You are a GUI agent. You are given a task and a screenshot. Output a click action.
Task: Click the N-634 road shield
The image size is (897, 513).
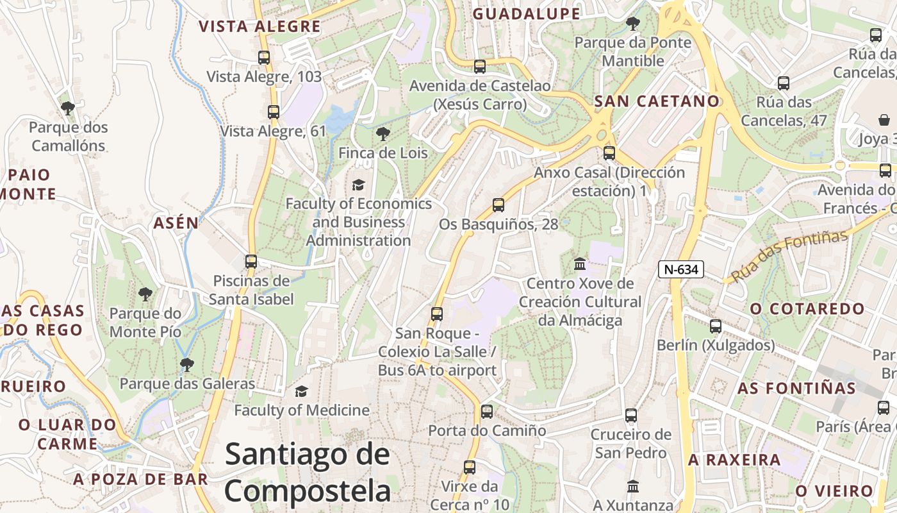click(x=680, y=269)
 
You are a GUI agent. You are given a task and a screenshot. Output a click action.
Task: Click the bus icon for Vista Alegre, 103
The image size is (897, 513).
click(x=264, y=58)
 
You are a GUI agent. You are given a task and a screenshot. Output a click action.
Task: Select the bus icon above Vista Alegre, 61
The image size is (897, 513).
click(x=274, y=112)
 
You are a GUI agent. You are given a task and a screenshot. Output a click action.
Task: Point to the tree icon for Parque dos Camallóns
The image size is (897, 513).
click(x=67, y=108)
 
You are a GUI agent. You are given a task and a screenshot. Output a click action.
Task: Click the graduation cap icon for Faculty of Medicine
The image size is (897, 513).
click(x=301, y=391)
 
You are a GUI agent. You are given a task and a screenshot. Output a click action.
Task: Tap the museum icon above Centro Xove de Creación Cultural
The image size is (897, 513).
click(x=580, y=264)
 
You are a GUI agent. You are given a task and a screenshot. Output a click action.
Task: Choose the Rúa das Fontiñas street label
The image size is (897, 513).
click(x=789, y=256)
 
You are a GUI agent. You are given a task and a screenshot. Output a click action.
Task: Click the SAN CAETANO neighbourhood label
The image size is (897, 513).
click(x=657, y=101)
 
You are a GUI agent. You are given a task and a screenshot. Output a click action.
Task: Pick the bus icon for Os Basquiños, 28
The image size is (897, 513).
click(x=498, y=205)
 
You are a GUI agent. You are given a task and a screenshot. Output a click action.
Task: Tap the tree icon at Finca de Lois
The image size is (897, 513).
click(x=383, y=134)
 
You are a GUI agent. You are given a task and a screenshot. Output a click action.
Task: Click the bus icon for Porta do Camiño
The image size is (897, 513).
click(x=487, y=412)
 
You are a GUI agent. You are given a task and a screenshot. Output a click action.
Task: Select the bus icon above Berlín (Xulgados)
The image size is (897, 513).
click(x=716, y=326)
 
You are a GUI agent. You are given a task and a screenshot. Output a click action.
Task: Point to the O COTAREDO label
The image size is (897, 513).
click(x=807, y=308)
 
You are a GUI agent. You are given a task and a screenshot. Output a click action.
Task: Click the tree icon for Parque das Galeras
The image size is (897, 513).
click(x=187, y=365)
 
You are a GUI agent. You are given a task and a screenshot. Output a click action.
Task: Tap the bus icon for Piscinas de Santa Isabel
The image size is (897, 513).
click(x=251, y=262)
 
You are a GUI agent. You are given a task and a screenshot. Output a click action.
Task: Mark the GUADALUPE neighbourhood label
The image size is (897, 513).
click(x=526, y=14)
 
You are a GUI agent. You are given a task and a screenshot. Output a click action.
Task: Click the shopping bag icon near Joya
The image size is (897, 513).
click(x=884, y=120)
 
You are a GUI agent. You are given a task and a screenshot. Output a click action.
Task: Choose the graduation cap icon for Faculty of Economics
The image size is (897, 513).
click(x=358, y=185)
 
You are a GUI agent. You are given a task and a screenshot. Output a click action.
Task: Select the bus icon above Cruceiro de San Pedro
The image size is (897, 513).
click(x=631, y=416)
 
